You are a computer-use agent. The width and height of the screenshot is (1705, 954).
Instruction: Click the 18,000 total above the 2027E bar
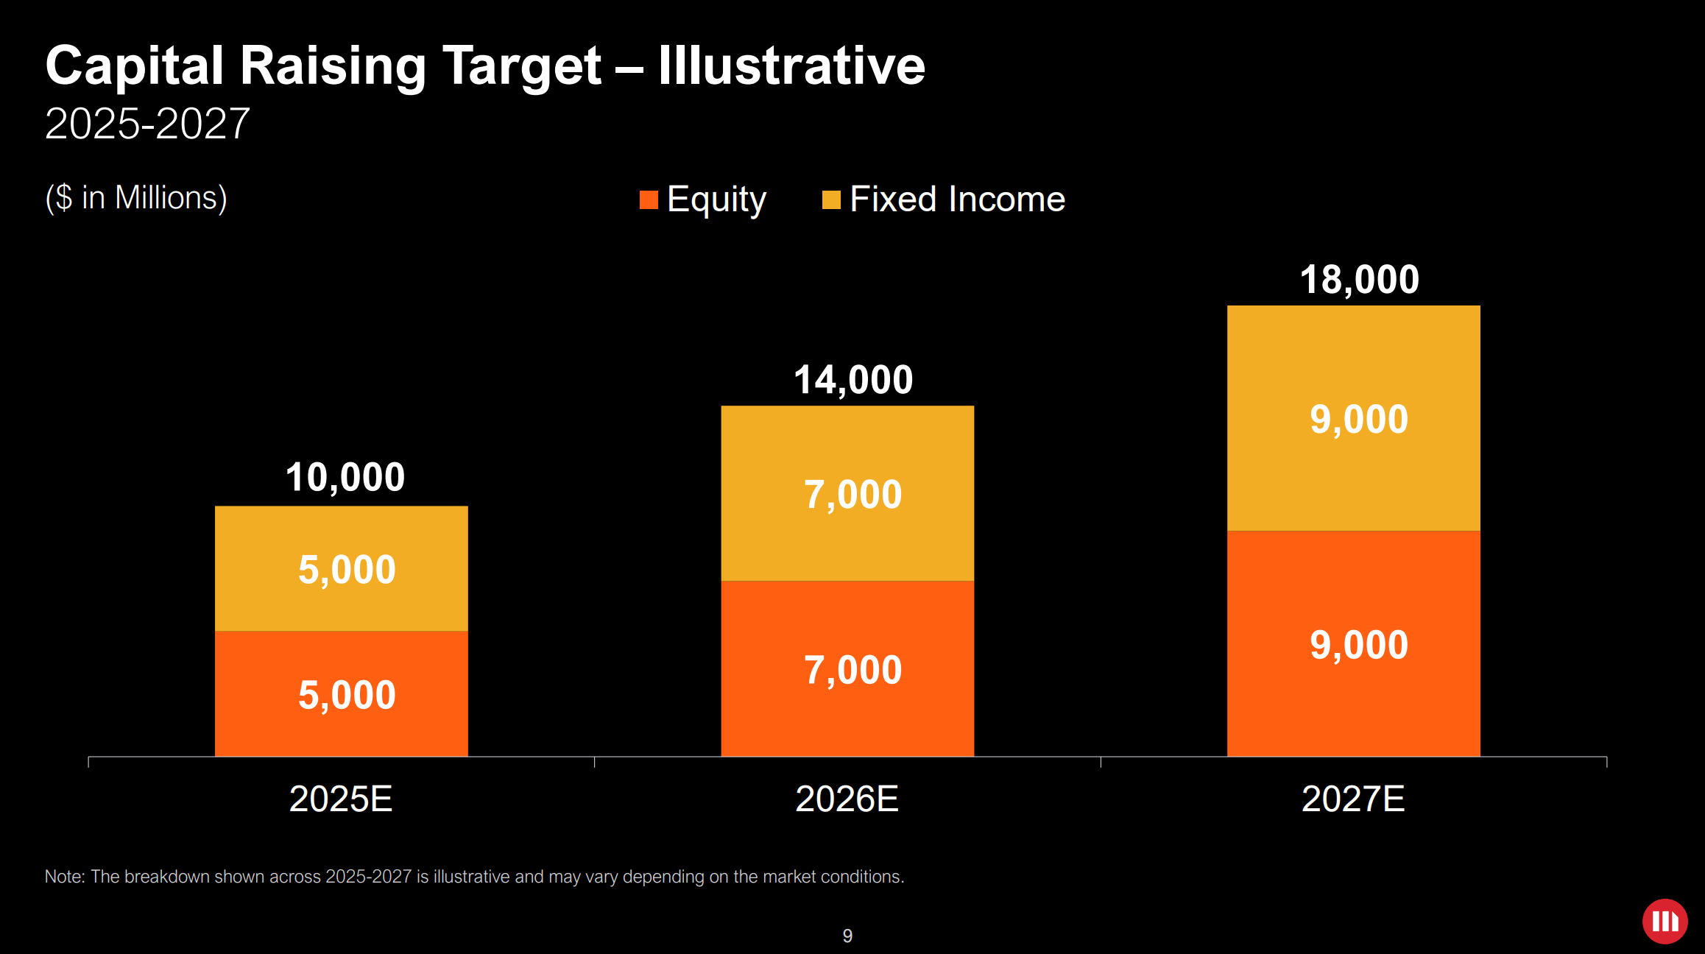point(1359,280)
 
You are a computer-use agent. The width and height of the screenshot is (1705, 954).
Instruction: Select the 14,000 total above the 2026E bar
point(852,380)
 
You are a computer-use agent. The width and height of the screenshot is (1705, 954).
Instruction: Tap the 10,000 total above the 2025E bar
point(345,477)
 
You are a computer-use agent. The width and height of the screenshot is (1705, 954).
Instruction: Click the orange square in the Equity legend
point(649,199)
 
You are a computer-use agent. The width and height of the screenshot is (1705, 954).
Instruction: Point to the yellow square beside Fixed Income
point(831,199)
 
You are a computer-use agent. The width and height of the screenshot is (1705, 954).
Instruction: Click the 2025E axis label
point(341,799)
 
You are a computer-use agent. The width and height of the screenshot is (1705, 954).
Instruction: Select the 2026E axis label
point(847,799)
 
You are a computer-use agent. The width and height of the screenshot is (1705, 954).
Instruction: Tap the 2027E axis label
point(1353,799)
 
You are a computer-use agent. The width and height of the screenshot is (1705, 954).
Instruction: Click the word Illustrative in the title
point(791,66)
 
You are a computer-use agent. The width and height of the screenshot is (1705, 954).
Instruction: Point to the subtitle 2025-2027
point(147,124)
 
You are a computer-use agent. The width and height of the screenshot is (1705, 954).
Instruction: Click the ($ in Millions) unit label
point(136,198)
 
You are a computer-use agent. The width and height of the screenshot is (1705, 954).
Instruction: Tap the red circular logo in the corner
point(1665,921)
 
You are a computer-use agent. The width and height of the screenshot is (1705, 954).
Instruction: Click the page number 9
point(847,936)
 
